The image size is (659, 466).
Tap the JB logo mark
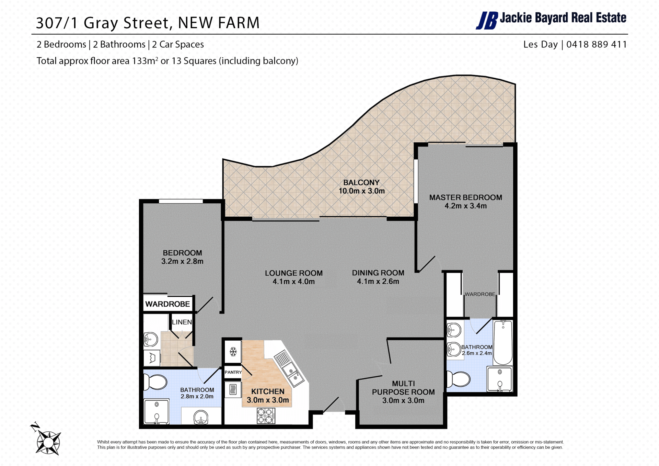(x=487, y=21)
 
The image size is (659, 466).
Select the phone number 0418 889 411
(x=597, y=44)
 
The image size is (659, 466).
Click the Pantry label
(x=233, y=372)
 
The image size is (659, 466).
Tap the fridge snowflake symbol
(x=233, y=352)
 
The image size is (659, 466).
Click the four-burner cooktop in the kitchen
(x=266, y=416)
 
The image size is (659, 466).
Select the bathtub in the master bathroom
(x=503, y=342)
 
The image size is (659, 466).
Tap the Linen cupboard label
(x=182, y=322)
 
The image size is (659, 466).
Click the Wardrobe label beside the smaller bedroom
(x=167, y=304)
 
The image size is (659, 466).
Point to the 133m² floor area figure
(x=145, y=61)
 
